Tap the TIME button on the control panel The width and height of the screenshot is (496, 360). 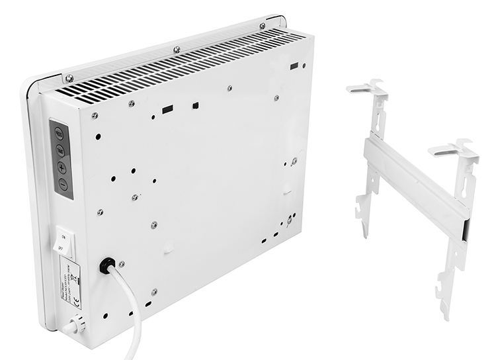tap(60, 150)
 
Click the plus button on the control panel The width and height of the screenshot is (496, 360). tap(62, 167)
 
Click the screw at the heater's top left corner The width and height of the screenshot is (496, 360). tap(69, 77)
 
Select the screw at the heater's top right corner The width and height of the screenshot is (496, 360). tap(263, 26)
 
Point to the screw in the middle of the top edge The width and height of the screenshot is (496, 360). tap(176, 49)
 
